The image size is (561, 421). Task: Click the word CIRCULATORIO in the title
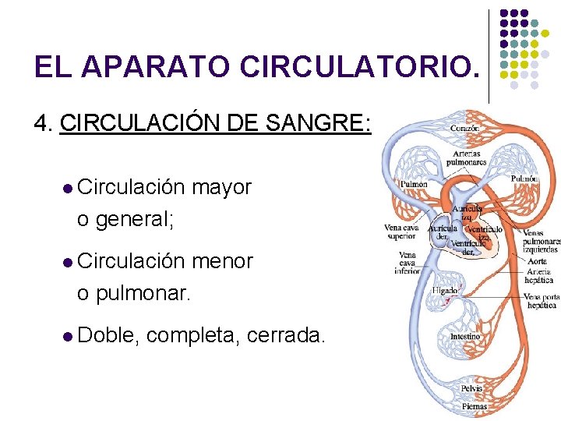[x=356, y=68]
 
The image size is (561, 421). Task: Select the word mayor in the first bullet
[x=221, y=188]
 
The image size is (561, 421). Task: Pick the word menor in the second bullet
[x=222, y=261]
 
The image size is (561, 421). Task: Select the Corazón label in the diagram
[x=464, y=127]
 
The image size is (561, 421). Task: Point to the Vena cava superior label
[x=400, y=232]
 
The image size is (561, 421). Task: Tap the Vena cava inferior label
[x=407, y=263]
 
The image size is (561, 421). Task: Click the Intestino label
[x=465, y=336]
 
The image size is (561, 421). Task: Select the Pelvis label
[x=471, y=388]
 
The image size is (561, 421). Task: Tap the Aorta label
[x=538, y=261]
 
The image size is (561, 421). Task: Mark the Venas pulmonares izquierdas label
[x=542, y=241]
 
